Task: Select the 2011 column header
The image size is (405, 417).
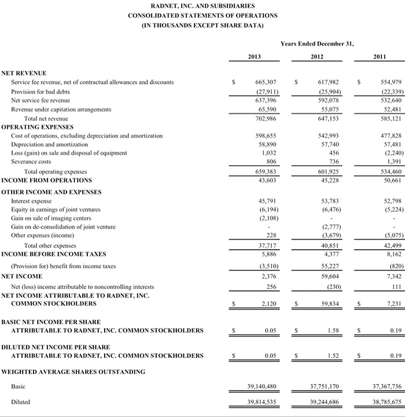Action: (x=380, y=57)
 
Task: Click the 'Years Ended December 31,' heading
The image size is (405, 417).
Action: (x=317, y=43)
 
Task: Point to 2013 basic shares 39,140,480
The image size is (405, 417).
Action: (x=261, y=386)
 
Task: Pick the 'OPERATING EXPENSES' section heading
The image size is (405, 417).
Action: (x=38, y=126)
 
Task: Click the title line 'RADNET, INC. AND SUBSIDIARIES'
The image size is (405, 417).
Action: (x=203, y=6)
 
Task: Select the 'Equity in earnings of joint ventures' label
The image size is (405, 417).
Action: (x=56, y=210)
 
